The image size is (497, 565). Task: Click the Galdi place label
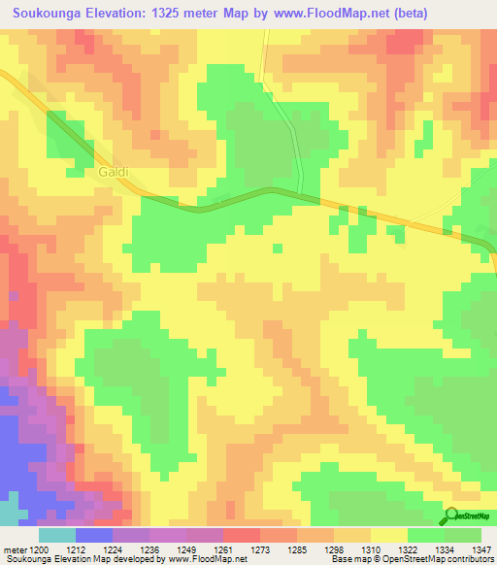114,172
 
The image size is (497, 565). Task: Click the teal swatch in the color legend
56,535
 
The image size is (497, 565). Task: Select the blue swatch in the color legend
93,535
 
